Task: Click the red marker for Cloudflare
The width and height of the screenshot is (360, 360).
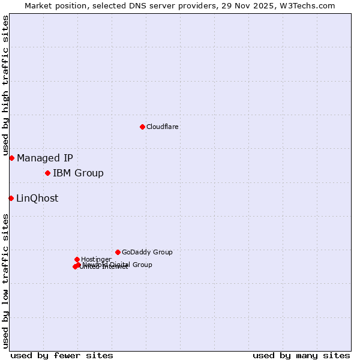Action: pos(142,127)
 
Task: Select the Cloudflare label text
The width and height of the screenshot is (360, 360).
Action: pos(163,127)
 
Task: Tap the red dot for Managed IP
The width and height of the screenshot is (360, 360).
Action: pos(11,158)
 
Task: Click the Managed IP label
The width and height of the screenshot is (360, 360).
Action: pos(45,158)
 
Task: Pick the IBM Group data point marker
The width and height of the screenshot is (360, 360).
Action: pos(47,173)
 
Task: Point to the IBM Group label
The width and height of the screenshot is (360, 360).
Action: pos(78,173)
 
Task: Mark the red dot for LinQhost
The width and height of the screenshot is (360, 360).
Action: pos(11,198)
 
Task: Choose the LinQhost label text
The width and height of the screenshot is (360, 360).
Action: pos(37,199)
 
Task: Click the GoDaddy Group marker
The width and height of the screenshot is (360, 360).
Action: pos(118,252)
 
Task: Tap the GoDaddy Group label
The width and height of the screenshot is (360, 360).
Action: pos(147,253)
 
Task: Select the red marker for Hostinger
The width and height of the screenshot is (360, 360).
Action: pos(77,259)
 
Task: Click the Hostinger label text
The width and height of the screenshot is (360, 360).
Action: pos(96,260)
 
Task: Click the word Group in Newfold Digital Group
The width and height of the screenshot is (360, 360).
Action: pos(142,265)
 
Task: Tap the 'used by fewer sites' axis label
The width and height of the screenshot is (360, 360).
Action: pos(62,356)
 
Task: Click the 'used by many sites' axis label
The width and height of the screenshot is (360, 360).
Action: pos(301,356)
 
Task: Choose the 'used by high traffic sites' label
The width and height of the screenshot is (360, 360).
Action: pos(6,86)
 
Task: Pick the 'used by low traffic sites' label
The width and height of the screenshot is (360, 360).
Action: pos(6,280)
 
